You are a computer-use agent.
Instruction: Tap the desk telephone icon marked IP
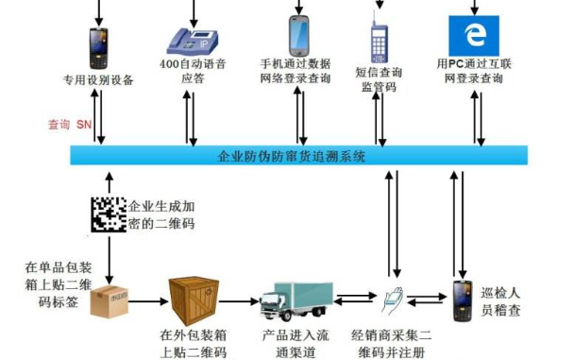[x=193, y=39]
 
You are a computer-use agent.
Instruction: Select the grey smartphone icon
[x=300, y=34]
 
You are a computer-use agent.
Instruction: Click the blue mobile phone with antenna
[x=380, y=43]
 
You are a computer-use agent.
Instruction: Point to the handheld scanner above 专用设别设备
[x=97, y=46]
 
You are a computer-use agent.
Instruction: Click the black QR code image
[x=108, y=215]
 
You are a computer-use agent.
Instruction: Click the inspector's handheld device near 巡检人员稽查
[x=463, y=300]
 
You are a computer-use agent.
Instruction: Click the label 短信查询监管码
[x=380, y=77]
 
